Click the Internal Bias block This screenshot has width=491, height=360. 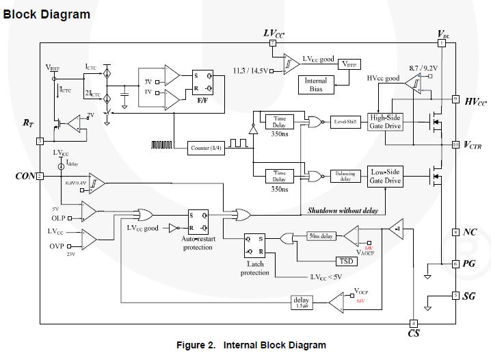pos(316,85)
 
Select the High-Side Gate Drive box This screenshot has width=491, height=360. pos(386,121)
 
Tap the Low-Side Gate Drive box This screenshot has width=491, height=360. pos(386,176)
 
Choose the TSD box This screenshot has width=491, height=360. pos(347,261)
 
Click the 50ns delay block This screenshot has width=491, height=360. pos(321,236)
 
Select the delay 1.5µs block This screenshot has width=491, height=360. pos(302,301)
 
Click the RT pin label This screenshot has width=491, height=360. pos(28,123)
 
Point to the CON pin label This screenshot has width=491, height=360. pos(25,176)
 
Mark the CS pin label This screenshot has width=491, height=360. pos(414,333)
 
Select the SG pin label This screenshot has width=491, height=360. pos(469,296)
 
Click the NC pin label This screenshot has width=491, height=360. pos(469,233)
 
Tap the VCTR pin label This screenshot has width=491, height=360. pos(473,144)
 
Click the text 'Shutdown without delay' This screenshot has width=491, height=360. pos(343,211)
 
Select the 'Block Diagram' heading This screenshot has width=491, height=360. pos(47,14)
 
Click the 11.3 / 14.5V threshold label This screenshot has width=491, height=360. pos(251,70)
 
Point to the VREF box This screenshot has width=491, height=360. pos(349,64)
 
